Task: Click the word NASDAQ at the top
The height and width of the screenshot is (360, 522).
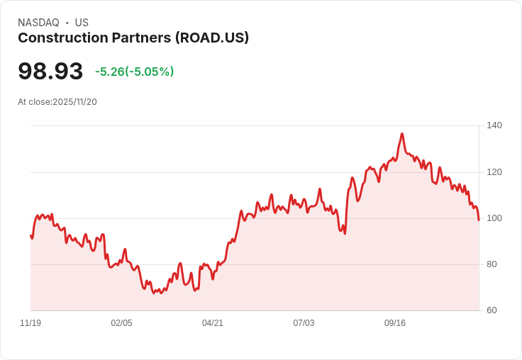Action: coord(38,23)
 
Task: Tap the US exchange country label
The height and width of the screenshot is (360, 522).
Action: coord(82,23)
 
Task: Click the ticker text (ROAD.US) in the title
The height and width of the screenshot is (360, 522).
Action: coord(212,38)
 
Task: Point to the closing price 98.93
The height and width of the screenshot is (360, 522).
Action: coord(50,71)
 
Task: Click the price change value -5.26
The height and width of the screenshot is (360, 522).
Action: coord(110,72)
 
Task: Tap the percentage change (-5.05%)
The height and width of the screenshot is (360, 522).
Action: coord(150,72)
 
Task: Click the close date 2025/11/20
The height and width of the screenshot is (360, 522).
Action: coord(74,101)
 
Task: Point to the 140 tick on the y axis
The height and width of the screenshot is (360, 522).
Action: coord(494,125)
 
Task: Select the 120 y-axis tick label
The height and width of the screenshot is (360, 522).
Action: coord(494,172)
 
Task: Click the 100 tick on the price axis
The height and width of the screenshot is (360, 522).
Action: coord(494,218)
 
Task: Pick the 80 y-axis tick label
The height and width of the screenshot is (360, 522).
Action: coord(492,264)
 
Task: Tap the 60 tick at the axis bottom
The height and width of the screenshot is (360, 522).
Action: coord(492,310)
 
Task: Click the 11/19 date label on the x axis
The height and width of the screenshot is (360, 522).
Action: coord(30,323)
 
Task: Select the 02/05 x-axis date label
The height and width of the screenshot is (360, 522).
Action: coord(121,323)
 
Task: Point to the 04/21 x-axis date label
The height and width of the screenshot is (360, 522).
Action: coord(213,323)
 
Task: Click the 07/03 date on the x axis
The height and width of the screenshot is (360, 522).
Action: coord(304,323)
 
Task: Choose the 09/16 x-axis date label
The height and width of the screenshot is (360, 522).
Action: coord(395,323)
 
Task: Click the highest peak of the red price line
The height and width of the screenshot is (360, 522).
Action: coord(402,133)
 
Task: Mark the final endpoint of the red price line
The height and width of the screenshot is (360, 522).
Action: coord(479,220)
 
